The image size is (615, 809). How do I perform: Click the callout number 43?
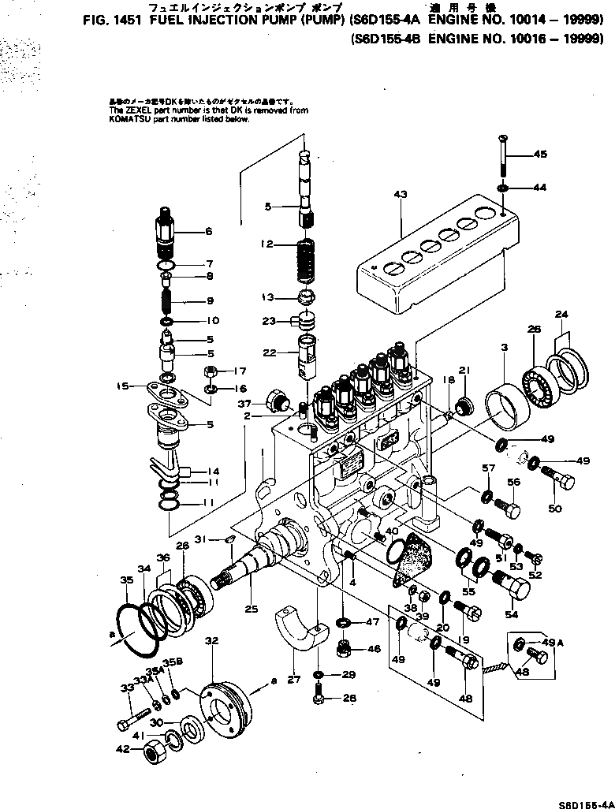[400, 194]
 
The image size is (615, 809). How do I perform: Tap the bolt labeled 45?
[503, 158]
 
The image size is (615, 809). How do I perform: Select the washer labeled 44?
[503, 188]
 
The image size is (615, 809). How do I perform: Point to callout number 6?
[208, 232]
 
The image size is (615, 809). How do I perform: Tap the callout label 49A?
[546, 643]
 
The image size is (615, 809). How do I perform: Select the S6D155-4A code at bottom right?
[586, 803]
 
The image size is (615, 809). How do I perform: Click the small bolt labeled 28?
[319, 696]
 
